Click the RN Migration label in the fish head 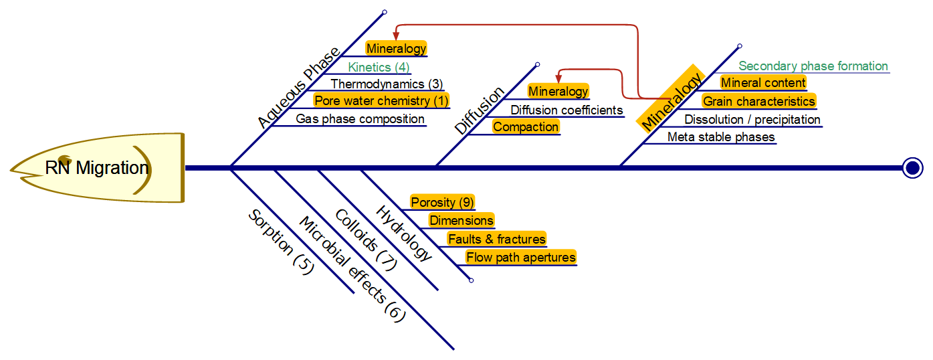click(x=96, y=167)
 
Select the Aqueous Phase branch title click(x=298, y=88)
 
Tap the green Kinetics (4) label click(x=379, y=67)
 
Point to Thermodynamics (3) click(x=387, y=84)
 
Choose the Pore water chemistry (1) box click(x=381, y=101)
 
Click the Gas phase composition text click(x=360, y=119)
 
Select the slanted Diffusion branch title click(x=480, y=111)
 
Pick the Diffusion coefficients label click(x=566, y=110)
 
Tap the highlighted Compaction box click(x=526, y=127)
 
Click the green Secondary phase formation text click(x=813, y=66)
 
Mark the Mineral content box click(x=763, y=83)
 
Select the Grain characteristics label click(x=758, y=102)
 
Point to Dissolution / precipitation click(x=752, y=120)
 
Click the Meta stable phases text click(x=721, y=137)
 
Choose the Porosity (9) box click(x=442, y=202)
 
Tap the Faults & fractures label click(x=497, y=239)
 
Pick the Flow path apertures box click(x=521, y=258)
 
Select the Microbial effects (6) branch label click(x=352, y=270)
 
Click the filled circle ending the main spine click(x=912, y=167)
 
